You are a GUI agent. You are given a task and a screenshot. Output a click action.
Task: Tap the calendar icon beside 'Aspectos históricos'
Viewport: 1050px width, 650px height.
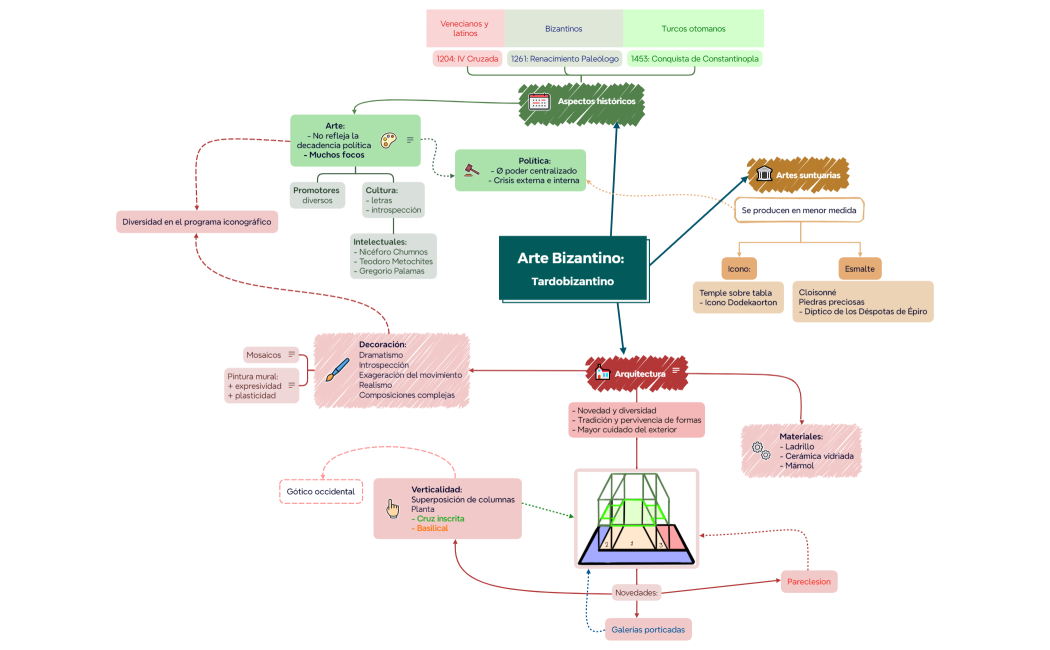point(539,101)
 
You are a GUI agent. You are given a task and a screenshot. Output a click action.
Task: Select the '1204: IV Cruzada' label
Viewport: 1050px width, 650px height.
point(467,59)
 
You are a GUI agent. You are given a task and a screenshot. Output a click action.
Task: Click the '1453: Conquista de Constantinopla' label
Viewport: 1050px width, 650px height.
point(694,59)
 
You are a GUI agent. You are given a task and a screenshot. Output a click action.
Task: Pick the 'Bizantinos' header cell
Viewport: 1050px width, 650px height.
point(564,29)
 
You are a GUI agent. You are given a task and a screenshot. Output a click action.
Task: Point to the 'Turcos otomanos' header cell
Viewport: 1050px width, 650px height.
point(693,29)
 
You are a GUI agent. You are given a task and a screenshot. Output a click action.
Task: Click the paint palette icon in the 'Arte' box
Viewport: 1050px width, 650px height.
point(388,140)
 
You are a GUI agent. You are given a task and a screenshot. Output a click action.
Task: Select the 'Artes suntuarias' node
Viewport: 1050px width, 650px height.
point(798,175)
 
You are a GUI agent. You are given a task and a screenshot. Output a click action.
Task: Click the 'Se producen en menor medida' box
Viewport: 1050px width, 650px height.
point(799,211)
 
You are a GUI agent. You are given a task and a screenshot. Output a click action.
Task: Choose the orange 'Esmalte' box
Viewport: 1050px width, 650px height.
point(859,268)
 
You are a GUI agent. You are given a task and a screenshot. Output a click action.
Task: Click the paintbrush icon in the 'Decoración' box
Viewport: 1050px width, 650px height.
point(337,370)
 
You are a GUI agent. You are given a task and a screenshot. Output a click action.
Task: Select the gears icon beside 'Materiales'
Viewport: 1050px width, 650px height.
point(760,451)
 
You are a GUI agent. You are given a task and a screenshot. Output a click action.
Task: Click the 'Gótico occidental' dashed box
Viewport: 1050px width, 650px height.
point(320,492)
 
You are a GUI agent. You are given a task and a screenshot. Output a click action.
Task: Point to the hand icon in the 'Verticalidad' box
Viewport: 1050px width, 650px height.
point(393,509)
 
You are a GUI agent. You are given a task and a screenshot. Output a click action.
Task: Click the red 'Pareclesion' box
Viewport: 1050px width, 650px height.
point(808,581)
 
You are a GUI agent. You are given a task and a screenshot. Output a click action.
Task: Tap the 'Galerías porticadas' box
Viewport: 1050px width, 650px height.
point(649,629)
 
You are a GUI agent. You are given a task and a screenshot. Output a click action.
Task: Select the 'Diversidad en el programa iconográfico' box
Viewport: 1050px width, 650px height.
point(196,222)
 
